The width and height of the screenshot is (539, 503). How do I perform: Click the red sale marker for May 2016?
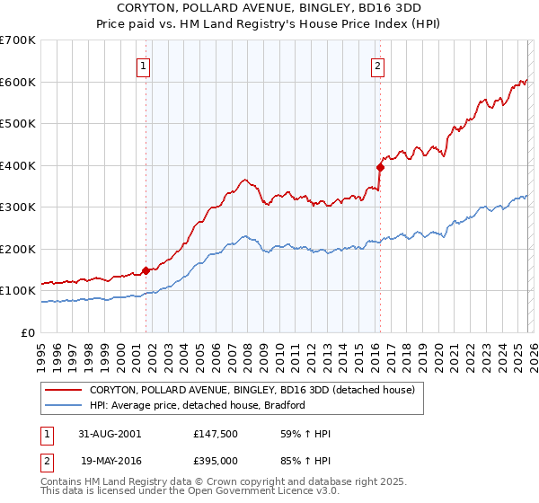[x=380, y=166]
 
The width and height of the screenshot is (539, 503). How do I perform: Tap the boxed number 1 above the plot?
[x=144, y=65]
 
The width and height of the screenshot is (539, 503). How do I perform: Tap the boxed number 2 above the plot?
[x=377, y=65]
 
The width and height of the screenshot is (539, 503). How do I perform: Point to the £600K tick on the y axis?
[x=18, y=82]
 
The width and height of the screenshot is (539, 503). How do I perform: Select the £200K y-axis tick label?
[x=18, y=249]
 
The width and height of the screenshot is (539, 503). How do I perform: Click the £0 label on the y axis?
[x=29, y=332]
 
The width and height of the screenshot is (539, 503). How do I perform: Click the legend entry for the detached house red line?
[x=252, y=390]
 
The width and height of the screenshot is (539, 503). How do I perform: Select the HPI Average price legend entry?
[x=198, y=405]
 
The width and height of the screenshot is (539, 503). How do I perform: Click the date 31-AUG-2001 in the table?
[x=105, y=434]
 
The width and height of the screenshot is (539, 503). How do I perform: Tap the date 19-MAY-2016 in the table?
[x=105, y=461]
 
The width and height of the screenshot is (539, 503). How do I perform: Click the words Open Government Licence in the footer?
[x=265, y=493]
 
